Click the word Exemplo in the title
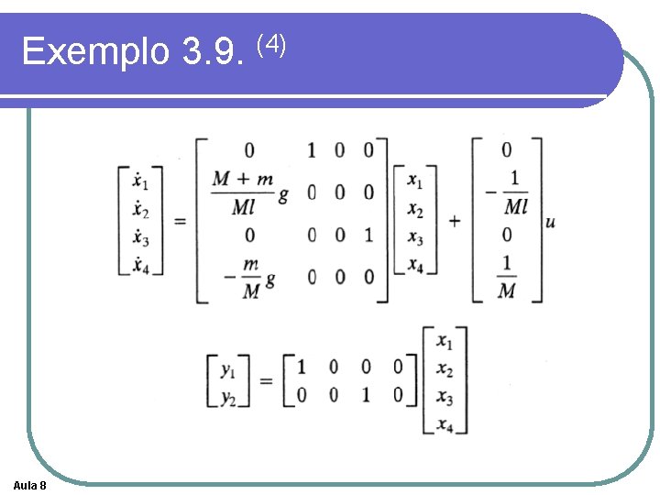click(95, 51)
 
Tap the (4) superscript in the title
click(271, 42)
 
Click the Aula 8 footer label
click(31, 484)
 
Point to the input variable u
click(549, 223)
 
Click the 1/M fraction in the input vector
click(507, 277)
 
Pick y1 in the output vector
click(229, 370)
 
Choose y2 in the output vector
click(229, 396)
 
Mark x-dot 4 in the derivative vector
click(140, 266)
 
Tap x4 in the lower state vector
click(445, 424)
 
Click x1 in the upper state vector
click(415, 181)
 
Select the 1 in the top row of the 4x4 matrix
click(312, 149)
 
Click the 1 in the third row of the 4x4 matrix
click(368, 236)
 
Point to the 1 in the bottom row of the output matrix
click(365, 396)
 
